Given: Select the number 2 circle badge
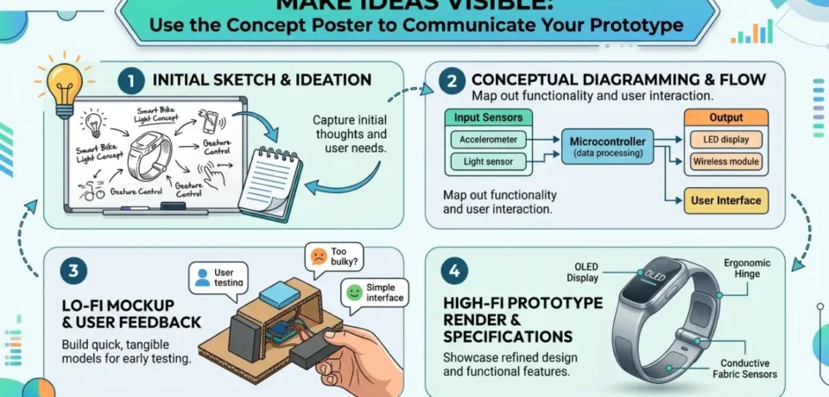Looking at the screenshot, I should point(450,81).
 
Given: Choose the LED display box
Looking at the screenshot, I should point(726,139).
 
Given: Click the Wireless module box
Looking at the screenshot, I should point(726,161).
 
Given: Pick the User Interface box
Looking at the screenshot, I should point(726,201).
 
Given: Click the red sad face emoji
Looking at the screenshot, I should point(319,256).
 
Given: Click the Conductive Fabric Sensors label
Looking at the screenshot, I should point(748,369).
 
